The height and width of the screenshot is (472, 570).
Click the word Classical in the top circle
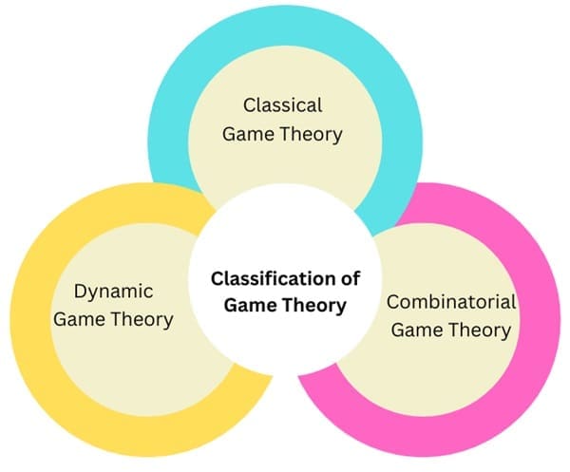[282, 104]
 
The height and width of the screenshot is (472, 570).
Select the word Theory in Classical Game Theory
[309, 134]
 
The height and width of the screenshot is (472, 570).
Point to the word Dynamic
[113, 291]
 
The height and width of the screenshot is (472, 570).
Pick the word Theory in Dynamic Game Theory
[141, 319]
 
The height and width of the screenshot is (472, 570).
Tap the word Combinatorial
[451, 303]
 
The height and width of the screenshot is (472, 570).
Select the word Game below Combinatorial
[417, 331]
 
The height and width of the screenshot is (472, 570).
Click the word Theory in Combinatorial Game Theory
[479, 331]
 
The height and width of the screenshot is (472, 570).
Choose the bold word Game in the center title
[247, 306]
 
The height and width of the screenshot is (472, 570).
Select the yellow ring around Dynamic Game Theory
[28, 313]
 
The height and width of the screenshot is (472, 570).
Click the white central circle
[285, 237]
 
